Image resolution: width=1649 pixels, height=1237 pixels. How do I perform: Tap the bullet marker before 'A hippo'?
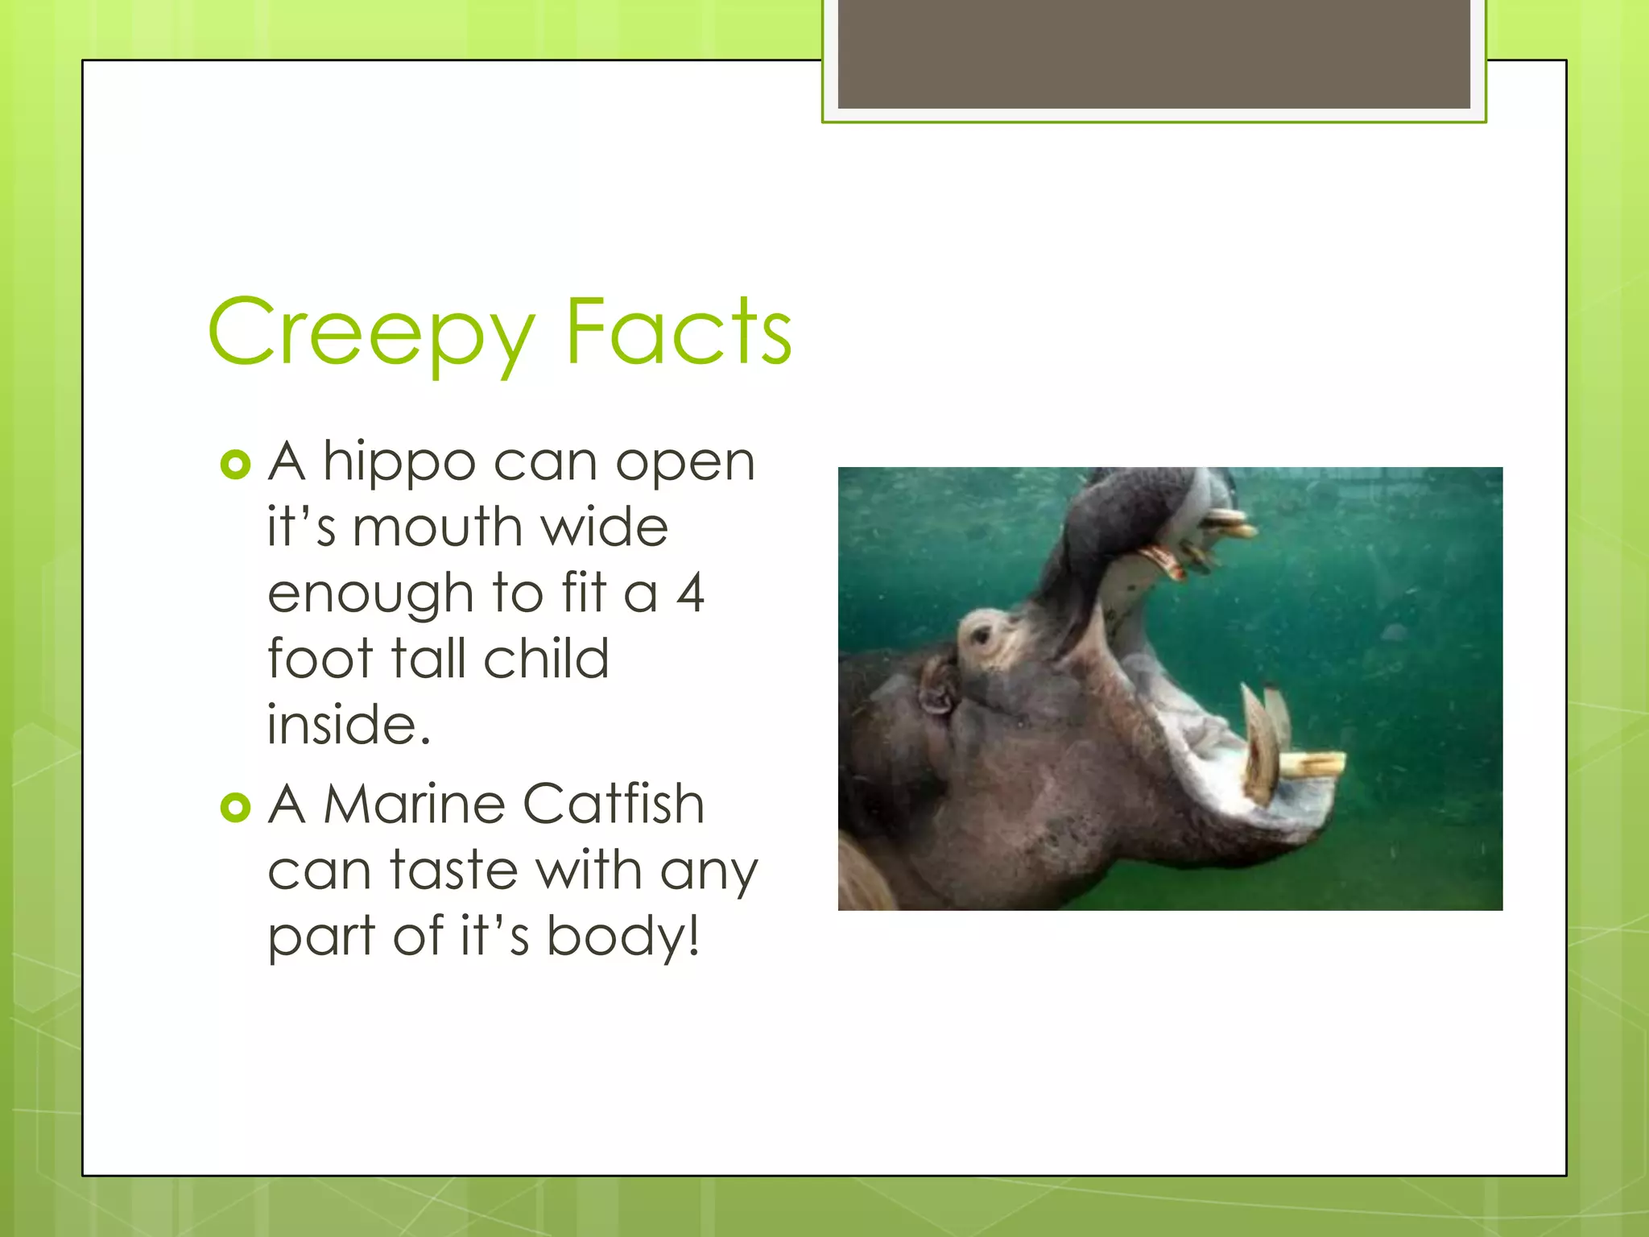(235, 465)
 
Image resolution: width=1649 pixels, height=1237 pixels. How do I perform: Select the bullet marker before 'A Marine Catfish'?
(235, 807)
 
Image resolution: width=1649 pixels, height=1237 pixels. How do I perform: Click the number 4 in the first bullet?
(690, 593)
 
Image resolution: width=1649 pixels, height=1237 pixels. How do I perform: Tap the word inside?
(348, 725)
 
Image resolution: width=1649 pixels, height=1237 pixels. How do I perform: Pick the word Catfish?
(613, 805)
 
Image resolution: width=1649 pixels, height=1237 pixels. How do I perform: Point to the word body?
(622, 937)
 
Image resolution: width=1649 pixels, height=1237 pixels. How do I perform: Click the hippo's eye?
(981, 636)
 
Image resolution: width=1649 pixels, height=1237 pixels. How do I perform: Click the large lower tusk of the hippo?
(1259, 745)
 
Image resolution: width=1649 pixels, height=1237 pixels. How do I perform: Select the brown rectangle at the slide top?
(1153, 54)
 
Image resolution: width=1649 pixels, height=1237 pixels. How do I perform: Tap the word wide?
(604, 528)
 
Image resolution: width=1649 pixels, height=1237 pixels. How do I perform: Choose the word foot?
(320, 659)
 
